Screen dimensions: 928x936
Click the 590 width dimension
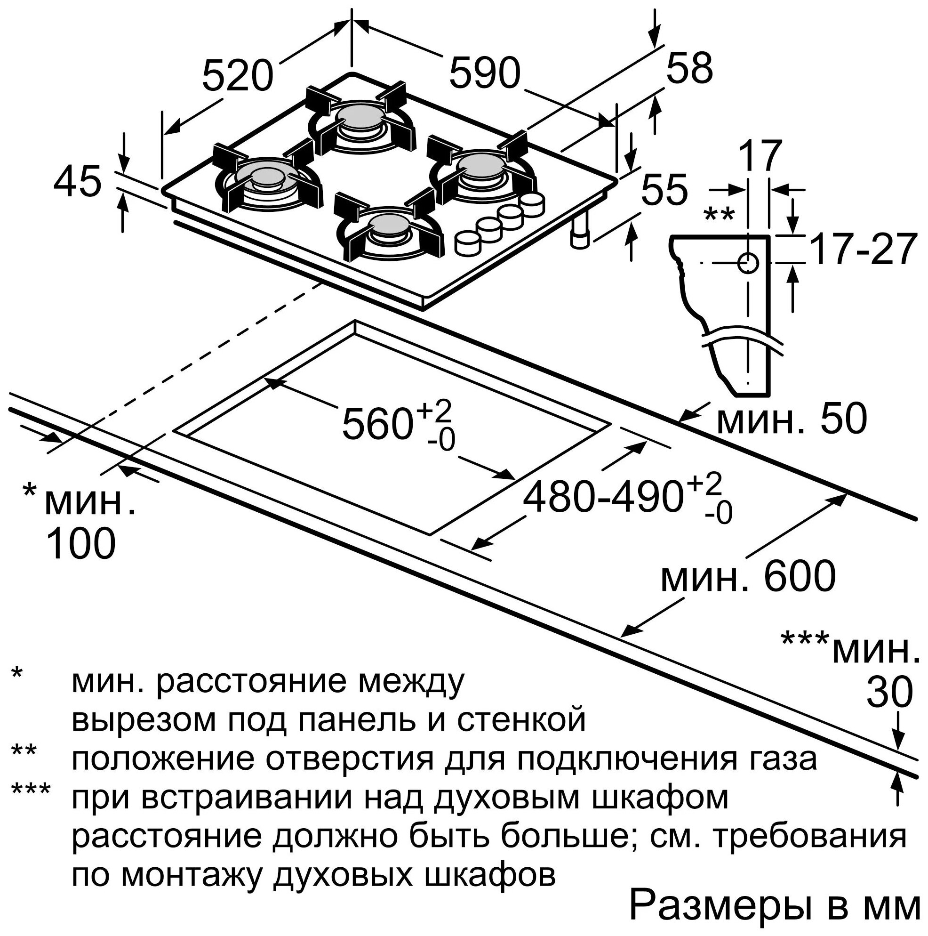(x=485, y=73)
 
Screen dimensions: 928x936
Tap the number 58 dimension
(x=689, y=68)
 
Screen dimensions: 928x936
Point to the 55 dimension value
(x=663, y=189)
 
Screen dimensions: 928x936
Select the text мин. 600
(x=749, y=576)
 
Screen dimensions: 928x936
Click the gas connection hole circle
(x=748, y=263)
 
